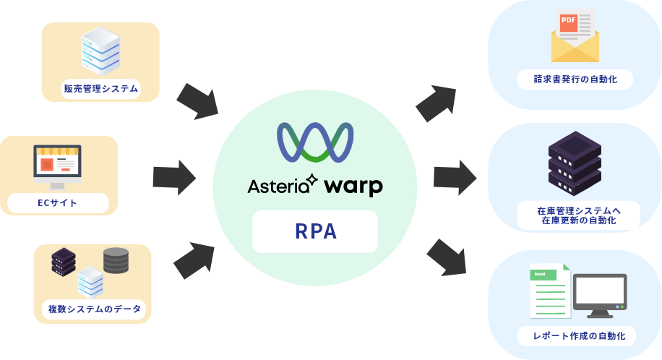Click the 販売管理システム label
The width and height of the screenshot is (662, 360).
coord(100,89)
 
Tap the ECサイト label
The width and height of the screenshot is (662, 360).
coord(58,203)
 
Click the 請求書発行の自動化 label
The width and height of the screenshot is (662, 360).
coord(575,79)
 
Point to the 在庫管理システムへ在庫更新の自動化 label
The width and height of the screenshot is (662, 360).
coord(579,215)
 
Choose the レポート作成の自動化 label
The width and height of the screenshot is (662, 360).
coord(576,335)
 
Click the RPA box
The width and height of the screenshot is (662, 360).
coord(315,231)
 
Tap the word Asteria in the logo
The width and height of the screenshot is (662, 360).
coord(278,186)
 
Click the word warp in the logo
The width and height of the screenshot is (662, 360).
coord(353,187)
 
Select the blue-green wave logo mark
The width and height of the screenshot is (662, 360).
coord(315,142)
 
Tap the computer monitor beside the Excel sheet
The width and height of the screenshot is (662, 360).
coord(600,295)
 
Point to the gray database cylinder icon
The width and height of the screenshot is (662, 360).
coord(116,260)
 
